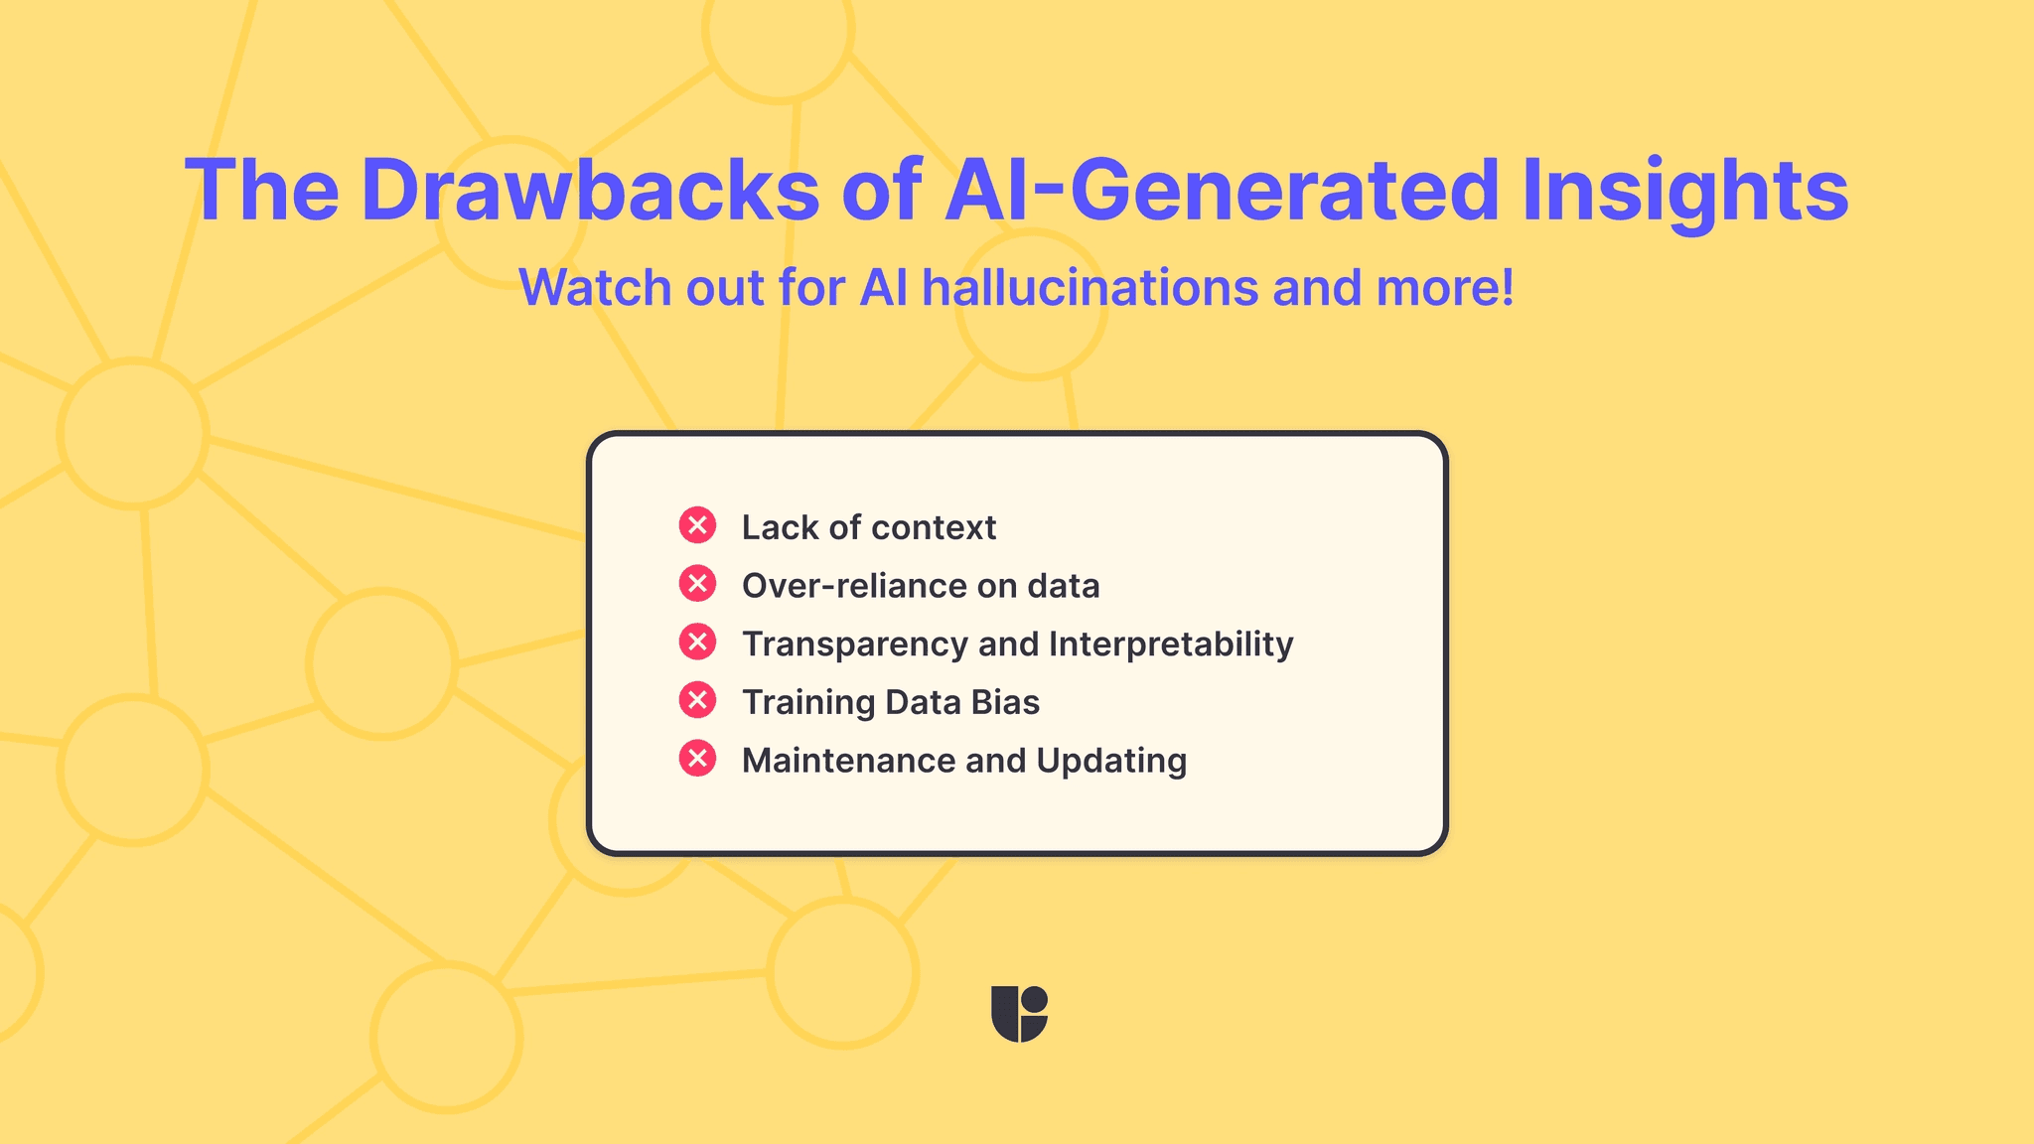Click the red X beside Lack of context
(697, 525)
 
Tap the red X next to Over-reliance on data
(697, 584)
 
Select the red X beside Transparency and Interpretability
(697, 643)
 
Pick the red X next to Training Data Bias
(697, 701)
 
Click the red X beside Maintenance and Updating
(697, 760)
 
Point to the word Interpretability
(1171, 644)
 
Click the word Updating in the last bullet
(1111, 761)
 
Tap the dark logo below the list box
(1019, 1014)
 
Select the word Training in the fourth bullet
(807, 702)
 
